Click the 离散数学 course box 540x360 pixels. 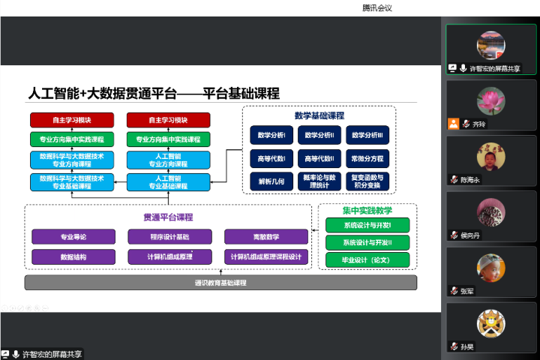pyautogui.click(x=266, y=237)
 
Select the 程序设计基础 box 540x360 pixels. pyautogui.click(x=169, y=237)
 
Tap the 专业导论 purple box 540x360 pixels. pyautogui.click(x=73, y=237)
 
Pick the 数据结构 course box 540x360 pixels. pyautogui.click(x=73, y=256)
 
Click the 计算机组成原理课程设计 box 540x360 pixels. pyautogui.click(x=266, y=256)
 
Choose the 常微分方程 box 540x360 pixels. pyautogui.click(x=367, y=159)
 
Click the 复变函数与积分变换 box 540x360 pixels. pyautogui.click(x=367, y=181)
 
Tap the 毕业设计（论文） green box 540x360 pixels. pyautogui.click(x=367, y=260)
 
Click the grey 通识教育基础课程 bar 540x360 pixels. pyautogui.click(x=220, y=283)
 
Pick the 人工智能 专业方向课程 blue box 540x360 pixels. pyautogui.click(x=169, y=160)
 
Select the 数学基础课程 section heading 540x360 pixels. pyautogui.click(x=319, y=115)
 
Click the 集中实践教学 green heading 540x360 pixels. pyautogui.click(x=367, y=210)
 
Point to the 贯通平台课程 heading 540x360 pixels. pyautogui.click(x=169, y=217)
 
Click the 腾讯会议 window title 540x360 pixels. pyautogui.click(x=377, y=7)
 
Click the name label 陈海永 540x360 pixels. pyautogui.click(x=470, y=180)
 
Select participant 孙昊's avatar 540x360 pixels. pyautogui.click(x=491, y=322)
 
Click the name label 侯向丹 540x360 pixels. pyautogui.click(x=470, y=235)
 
